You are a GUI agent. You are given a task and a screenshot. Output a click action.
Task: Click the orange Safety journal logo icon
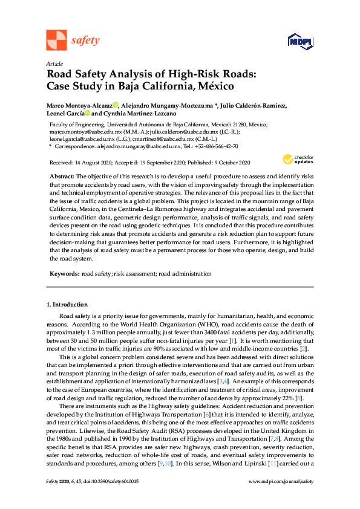(x=56, y=41)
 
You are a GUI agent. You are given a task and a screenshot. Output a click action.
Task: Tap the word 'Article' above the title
(x=54, y=64)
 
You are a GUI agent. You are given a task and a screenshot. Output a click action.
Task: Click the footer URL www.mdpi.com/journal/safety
(x=281, y=498)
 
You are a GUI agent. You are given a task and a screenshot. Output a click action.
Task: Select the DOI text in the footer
(x=111, y=498)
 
